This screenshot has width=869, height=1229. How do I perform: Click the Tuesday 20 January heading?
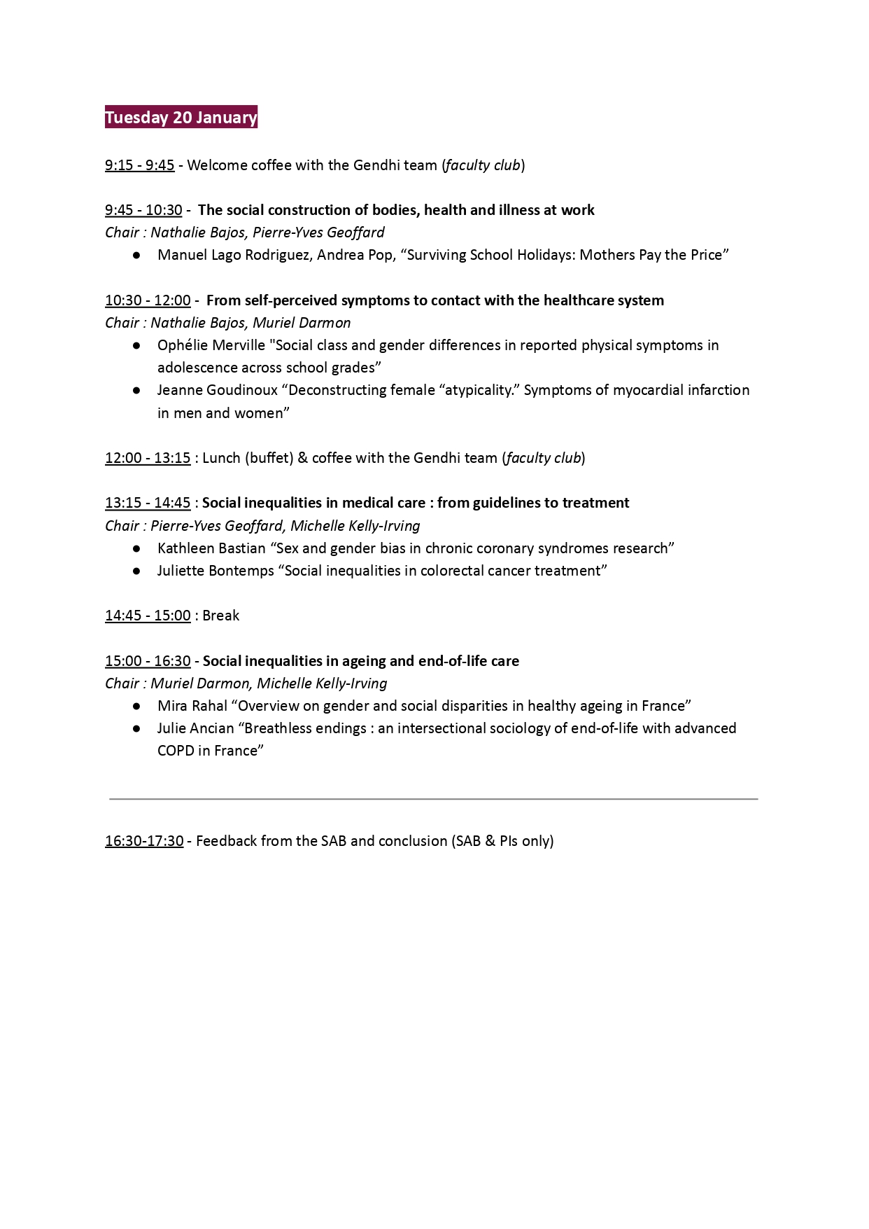(181, 117)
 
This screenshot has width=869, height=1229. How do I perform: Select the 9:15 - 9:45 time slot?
(140, 165)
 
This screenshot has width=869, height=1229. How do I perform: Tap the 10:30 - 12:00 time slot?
(148, 300)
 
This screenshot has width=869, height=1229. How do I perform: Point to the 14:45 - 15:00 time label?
(148, 616)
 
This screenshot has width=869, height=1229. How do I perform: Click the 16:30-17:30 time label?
(144, 841)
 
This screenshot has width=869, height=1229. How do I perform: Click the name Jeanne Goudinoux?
(218, 390)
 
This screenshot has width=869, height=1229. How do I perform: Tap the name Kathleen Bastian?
(211, 548)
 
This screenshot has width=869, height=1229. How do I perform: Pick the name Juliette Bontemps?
(216, 571)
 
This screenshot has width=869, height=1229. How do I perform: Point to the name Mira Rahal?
(192, 706)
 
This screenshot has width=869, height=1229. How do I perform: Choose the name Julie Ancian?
(195, 728)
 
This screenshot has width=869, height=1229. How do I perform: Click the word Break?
(220, 616)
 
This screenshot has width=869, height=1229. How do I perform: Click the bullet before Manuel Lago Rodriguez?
(137, 256)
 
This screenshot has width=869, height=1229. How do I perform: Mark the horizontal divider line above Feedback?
(434, 798)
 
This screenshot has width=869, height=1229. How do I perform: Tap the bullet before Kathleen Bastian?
(137, 549)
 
